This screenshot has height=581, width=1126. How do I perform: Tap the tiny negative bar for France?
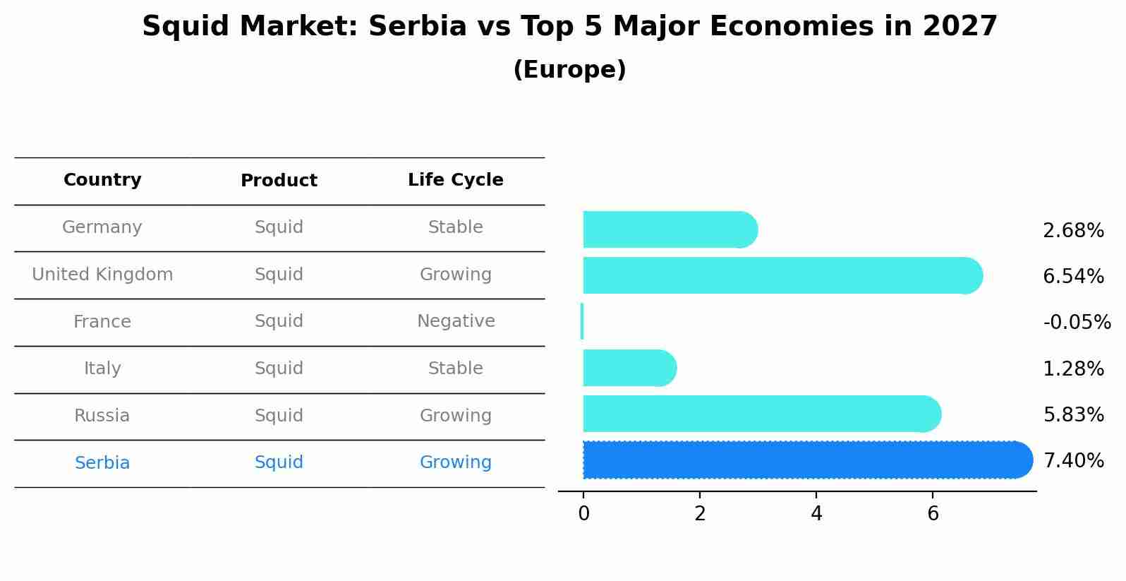582,321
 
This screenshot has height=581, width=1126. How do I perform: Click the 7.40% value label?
1073,461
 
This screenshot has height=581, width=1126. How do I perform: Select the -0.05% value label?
1077,323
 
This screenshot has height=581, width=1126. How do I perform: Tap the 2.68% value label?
1073,231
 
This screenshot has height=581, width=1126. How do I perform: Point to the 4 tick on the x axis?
816,514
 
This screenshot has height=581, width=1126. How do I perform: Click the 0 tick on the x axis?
583,514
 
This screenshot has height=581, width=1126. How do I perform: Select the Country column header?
102,180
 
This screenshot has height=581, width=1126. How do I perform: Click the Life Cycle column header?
455,180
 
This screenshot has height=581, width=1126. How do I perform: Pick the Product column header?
279,181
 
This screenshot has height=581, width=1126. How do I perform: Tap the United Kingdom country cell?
102,275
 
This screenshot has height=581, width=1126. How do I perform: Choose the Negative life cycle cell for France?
456,321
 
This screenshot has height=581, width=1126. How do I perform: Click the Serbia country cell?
102,463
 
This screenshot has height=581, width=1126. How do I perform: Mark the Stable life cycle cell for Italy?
455,369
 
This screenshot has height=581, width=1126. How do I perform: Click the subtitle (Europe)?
569,70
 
